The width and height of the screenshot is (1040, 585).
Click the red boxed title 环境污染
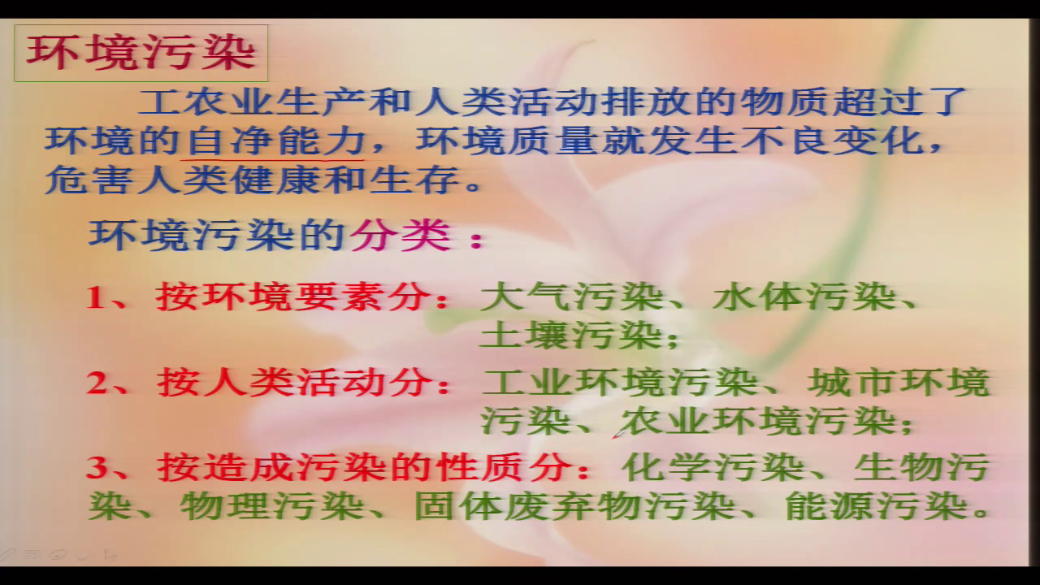(141, 53)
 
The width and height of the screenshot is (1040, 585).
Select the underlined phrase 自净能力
(276, 141)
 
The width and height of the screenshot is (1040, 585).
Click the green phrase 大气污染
(572, 297)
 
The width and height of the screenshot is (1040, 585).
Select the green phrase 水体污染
(804, 297)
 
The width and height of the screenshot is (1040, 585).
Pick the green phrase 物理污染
(271, 506)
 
